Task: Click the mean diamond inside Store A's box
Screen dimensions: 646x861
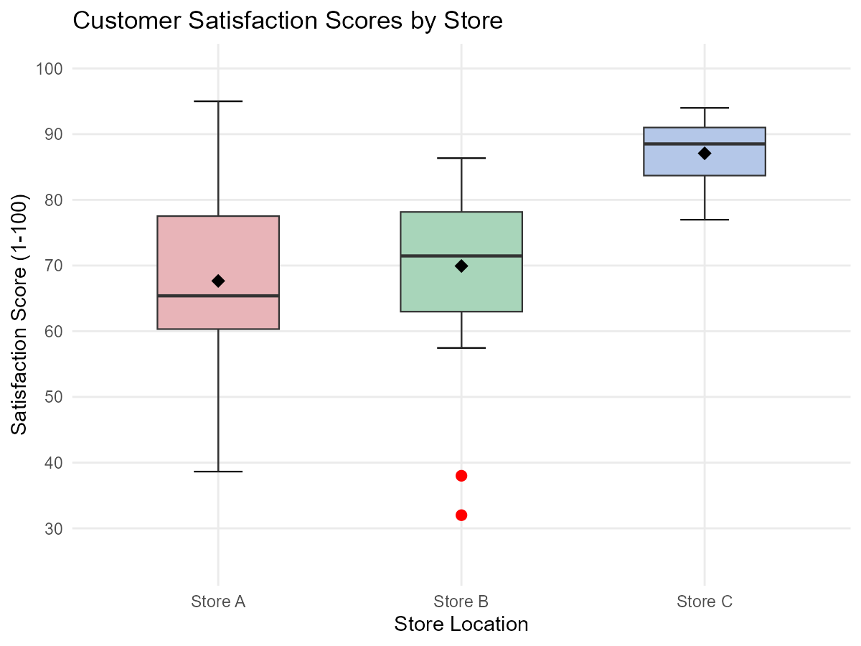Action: pyautogui.click(x=218, y=281)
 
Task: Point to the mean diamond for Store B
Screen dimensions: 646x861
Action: pyautogui.click(x=461, y=266)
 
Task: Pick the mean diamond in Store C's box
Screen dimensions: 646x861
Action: pyautogui.click(x=705, y=153)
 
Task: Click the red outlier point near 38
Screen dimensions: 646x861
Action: pyautogui.click(x=461, y=476)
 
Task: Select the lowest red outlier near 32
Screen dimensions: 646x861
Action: pyautogui.click(x=461, y=515)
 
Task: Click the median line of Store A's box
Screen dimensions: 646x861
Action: pyautogui.click(x=187, y=296)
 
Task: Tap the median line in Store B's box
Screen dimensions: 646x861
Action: pyautogui.click(x=430, y=256)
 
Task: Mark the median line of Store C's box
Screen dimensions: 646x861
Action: pyautogui.click(x=674, y=144)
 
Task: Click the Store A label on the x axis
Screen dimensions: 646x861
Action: pyautogui.click(x=218, y=601)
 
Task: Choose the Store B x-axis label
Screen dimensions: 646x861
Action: pyautogui.click(x=461, y=601)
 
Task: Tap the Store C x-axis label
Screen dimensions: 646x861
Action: pyautogui.click(x=705, y=601)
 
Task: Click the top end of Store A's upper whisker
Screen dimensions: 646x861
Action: pyautogui.click(x=218, y=101)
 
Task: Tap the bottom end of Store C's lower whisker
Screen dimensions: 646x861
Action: pyautogui.click(x=705, y=220)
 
